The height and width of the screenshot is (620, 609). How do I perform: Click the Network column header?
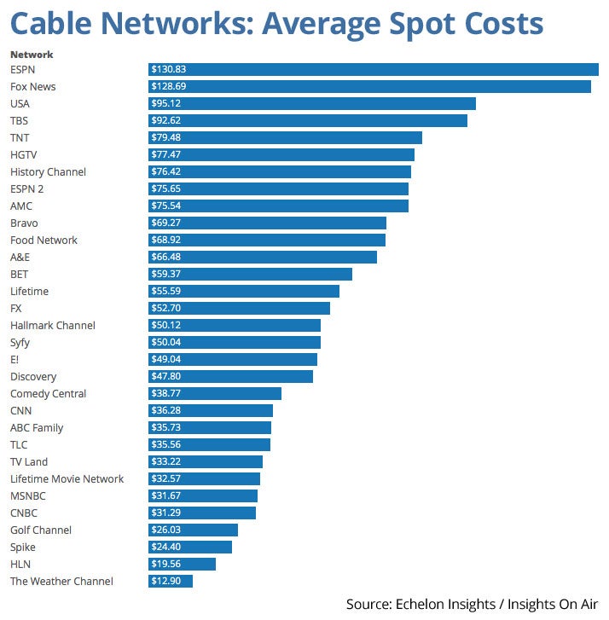point(32,55)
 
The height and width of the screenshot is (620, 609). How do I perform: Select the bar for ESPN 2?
point(278,188)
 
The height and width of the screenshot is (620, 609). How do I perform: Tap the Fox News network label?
point(33,86)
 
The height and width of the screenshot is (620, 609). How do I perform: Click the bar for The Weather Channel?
point(171,581)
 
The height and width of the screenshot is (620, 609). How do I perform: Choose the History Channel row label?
point(48,171)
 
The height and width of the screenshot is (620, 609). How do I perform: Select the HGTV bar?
point(281,154)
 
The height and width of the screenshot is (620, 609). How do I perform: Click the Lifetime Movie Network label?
point(67,478)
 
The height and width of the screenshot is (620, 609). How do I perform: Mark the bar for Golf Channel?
point(193,530)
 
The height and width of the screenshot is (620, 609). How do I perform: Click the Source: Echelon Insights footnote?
point(473,604)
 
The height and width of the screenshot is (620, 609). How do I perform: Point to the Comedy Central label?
point(49,393)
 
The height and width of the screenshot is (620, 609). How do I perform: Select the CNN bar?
point(211,410)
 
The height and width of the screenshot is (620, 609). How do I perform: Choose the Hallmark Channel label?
point(53,325)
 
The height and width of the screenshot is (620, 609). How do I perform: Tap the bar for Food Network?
point(267,240)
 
